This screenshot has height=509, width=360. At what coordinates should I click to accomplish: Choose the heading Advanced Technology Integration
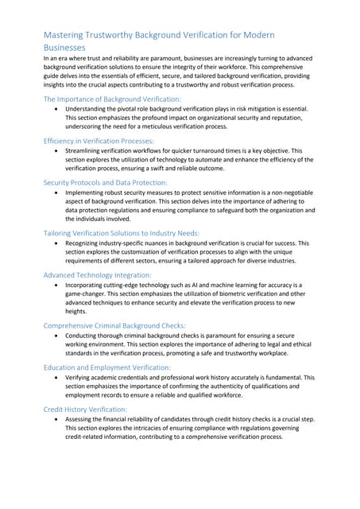pos(99,274)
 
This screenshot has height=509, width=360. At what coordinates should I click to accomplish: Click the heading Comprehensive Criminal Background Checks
pos(114,325)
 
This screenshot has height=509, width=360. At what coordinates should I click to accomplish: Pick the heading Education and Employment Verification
pos(106,367)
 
